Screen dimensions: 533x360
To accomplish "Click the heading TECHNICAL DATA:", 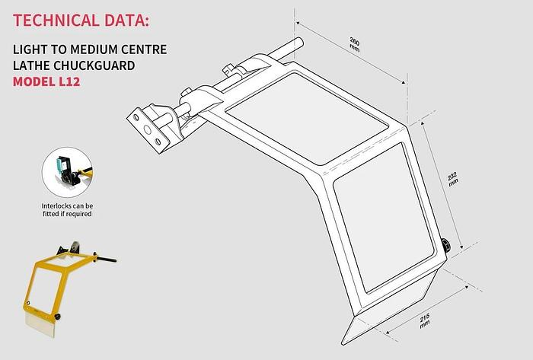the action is [81, 21].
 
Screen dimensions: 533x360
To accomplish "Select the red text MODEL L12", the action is [46, 82].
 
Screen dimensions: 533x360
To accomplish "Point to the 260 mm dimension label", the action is [355, 44].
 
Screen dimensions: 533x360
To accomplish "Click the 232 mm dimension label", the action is [453, 179].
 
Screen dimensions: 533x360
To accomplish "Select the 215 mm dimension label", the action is [425, 320].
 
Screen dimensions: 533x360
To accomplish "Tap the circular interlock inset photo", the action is [67, 172].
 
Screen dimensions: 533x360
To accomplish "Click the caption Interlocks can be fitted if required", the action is [67, 210].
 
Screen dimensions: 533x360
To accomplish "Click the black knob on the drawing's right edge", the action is [445, 245].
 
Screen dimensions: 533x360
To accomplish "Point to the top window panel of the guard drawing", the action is [307, 118].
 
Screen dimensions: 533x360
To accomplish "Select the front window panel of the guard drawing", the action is [384, 218].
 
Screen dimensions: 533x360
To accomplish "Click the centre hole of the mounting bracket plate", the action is [148, 129].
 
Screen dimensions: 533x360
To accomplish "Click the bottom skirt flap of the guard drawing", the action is [391, 306].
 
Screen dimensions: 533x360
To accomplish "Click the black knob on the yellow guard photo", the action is [57, 317].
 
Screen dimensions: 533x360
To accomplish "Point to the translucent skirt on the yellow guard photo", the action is [40, 325].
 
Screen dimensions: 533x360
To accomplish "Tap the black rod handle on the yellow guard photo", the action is [105, 260].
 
